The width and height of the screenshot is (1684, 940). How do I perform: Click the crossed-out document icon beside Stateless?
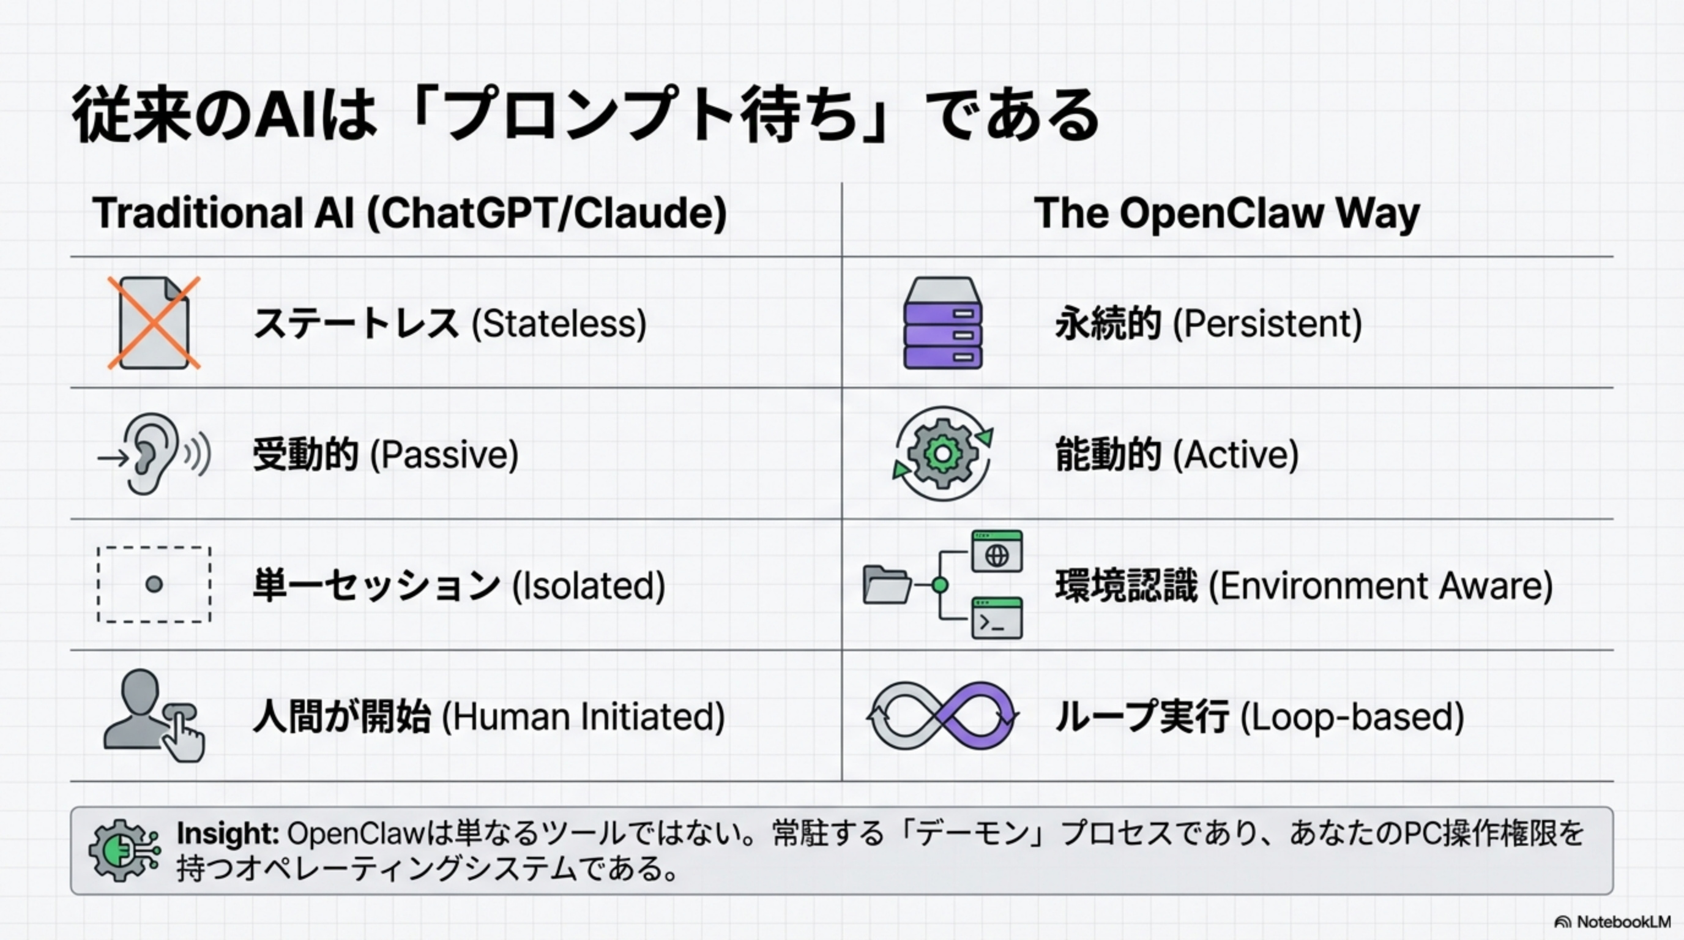(154, 323)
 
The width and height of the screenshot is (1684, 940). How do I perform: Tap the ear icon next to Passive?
(152, 453)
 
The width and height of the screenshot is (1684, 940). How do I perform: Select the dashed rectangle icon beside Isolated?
(154, 584)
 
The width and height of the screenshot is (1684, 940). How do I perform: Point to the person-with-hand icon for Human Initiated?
(154, 715)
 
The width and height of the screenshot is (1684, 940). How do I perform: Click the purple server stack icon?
(943, 323)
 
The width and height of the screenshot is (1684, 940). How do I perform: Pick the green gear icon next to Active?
(943, 453)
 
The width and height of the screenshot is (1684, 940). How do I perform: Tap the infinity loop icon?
(943, 715)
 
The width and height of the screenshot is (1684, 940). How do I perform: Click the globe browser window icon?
(996, 551)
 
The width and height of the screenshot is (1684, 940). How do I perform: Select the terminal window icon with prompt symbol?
(996, 617)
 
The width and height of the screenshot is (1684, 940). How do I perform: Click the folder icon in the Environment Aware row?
(887, 584)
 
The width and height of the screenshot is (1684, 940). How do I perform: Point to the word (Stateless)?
(559, 324)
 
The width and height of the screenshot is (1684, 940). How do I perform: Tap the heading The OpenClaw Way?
(1226, 213)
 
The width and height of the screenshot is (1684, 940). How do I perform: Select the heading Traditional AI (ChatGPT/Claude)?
(409, 213)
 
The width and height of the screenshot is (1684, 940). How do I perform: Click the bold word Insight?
(228, 834)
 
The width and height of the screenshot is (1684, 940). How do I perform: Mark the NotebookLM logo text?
(1623, 922)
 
